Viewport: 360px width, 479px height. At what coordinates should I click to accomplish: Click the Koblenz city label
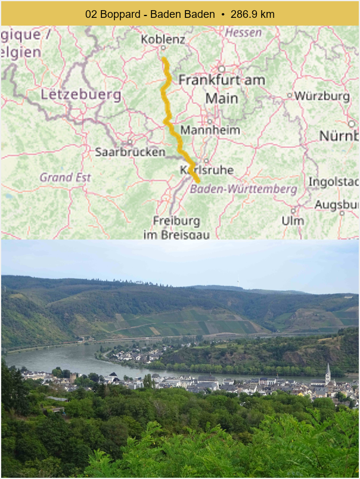click(x=163, y=39)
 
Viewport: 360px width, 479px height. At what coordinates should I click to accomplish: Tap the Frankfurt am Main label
click(x=221, y=89)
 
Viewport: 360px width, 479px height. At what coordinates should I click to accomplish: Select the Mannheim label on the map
click(x=210, y=130)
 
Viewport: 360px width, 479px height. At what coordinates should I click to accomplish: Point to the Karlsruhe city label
click(x=206, y=170)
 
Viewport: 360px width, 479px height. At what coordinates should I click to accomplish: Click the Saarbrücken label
click(x=130, y=152)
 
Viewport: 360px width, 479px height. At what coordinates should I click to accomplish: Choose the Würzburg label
click(x=322, y=95)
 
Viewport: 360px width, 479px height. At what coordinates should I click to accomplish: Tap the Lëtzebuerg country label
click(x=80, y=95)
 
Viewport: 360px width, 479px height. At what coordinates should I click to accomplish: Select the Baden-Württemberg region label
click(x=243, y=189)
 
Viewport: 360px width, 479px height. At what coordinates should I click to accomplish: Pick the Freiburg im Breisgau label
click(x=176, y=227)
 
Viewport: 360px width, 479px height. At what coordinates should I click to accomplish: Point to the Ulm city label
click(x=293, y=220)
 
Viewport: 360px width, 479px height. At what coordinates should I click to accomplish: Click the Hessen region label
click(x=243, y=33)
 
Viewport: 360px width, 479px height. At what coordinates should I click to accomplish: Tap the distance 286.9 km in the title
click(x=253, y=14)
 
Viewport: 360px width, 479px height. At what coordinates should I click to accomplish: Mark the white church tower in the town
click(x=328, y=374)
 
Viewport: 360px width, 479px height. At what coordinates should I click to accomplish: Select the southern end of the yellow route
click(x=197, y=180)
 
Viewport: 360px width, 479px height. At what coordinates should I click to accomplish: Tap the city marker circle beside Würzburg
click(x=290, y=95)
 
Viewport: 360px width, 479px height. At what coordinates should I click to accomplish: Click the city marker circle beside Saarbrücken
click(x=129, y=142)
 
